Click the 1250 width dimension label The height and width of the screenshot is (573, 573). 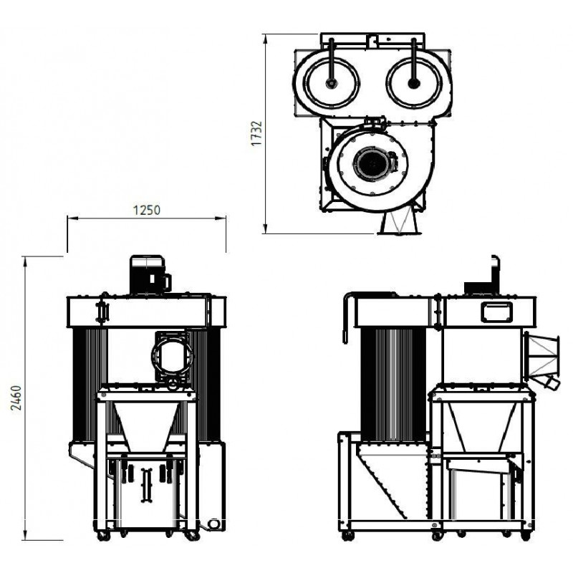146,210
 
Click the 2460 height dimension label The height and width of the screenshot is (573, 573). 16,398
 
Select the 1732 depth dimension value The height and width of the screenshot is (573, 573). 256,133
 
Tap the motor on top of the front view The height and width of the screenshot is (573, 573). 150,274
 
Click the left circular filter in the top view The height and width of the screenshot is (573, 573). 331,82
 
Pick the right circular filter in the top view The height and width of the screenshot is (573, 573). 414,82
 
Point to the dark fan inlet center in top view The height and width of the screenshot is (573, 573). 372,164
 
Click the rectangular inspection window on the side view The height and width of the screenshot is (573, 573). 496,313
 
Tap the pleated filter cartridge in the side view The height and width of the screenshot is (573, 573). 393,384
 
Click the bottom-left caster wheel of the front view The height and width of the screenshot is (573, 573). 102,536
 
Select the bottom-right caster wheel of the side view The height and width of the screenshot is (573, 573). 526,536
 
